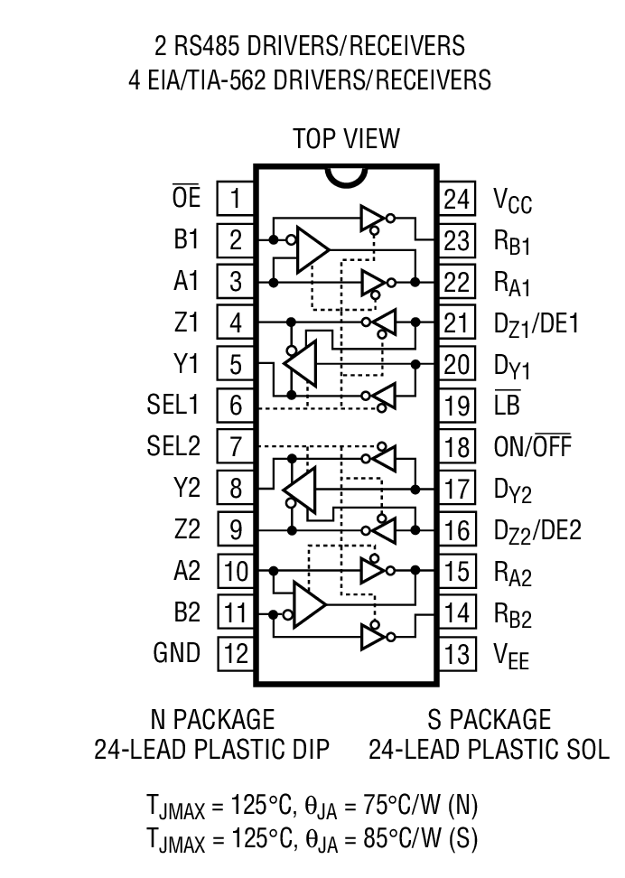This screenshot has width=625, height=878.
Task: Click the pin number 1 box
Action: (236, 198)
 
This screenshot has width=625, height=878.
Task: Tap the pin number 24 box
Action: (458, 198)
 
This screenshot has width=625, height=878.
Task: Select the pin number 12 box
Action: (236, 653)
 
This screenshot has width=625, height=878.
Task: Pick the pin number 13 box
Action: (458, 653)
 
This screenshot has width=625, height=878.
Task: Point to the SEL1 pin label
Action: (173, 405)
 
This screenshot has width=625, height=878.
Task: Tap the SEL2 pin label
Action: (173, 446)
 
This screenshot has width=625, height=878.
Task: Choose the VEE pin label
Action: (511, 656)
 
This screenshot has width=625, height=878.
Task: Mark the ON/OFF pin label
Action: (532, 446)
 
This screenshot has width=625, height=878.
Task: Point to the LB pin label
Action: (507, 405)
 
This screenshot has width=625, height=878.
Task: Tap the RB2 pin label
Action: (512, 616)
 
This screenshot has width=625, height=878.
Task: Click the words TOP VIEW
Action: (346, 138)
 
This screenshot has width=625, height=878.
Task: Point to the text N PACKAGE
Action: (211, 719)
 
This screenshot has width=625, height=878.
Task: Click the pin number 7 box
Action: (236, 446)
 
